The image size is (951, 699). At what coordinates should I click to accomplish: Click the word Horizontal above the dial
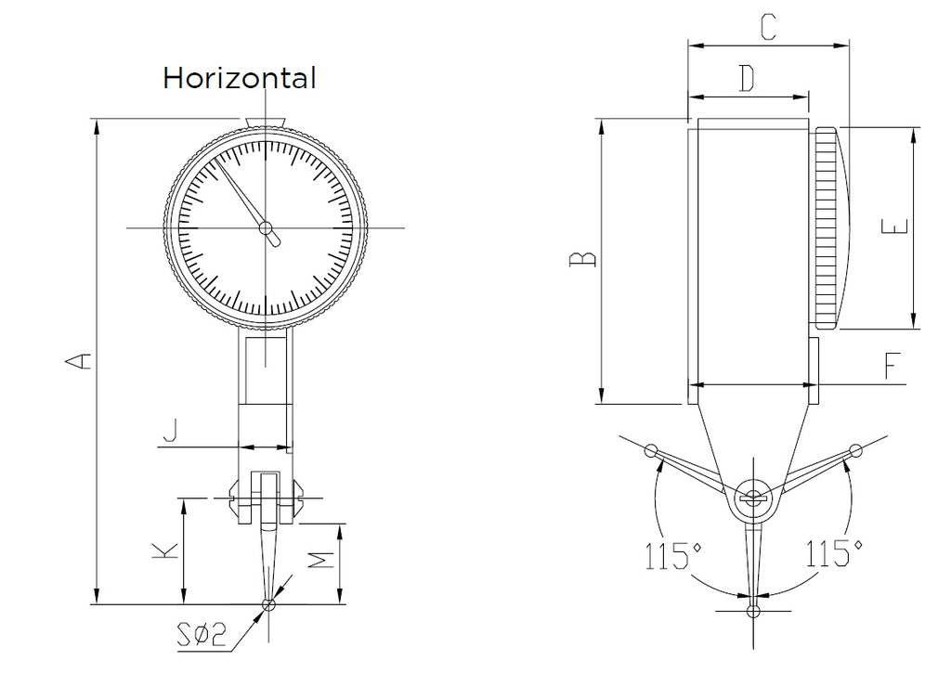(x=239, y=78)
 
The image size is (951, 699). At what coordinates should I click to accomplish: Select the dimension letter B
(x=583, y=259)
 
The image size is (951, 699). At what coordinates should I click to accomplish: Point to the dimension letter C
(x=768, y=28)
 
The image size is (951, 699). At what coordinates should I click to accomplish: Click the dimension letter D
(x=748, y=78)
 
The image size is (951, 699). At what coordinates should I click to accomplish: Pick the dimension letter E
(x=895, y=227)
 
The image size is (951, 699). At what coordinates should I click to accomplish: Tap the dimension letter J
(x=171, y=431)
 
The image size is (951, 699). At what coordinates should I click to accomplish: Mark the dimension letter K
(x=165, y=550)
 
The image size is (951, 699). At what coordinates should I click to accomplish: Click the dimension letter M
(x=320, y=560)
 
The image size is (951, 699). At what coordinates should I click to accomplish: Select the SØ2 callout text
(x=202, y=635)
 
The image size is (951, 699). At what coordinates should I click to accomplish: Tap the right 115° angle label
(x=834, y=553)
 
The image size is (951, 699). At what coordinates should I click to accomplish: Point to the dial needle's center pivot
(x=266, y=228)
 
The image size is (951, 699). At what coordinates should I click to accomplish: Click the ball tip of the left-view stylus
(x=268, y=604)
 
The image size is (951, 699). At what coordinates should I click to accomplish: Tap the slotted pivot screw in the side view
(x=752, y=498)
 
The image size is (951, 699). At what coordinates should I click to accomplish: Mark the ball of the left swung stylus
(x=651, y=451)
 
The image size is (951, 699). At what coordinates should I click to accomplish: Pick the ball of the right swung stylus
(x=855, y=450)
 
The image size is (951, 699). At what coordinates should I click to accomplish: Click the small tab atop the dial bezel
(x=265, y=122)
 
